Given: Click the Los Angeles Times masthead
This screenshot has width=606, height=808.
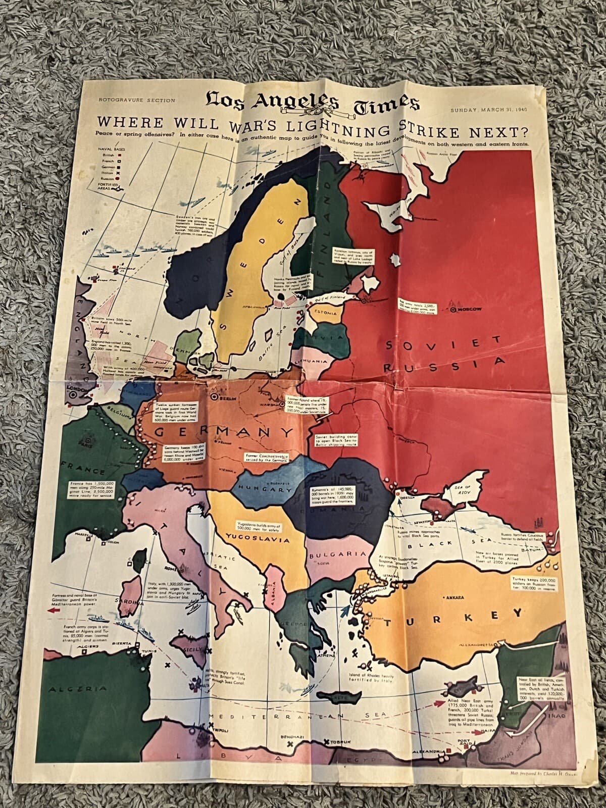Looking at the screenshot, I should pos(312,104).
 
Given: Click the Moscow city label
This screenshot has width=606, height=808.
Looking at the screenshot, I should pos(469,309).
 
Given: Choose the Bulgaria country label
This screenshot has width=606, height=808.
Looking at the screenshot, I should pos(337,554).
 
